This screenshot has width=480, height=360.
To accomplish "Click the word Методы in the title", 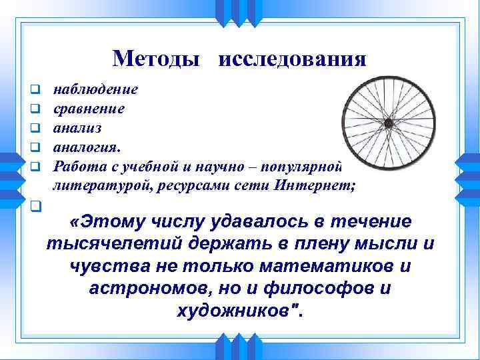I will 156,59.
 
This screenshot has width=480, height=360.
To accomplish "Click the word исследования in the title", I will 292,59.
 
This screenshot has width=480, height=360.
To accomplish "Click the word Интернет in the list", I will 325,185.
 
